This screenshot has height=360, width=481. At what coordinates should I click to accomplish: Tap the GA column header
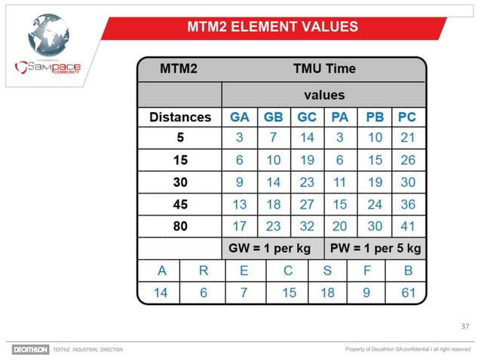240,117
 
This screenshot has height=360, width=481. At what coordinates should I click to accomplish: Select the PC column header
406,117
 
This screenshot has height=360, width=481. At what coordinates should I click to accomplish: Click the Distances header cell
180,117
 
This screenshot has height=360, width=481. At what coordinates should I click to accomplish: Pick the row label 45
180,204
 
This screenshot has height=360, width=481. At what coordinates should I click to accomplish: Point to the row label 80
180,226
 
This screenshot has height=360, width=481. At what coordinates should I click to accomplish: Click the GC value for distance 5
307,138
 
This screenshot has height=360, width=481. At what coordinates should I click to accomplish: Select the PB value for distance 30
374,182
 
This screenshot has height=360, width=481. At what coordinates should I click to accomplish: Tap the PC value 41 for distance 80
407,226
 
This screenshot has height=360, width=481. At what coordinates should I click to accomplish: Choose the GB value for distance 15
273,160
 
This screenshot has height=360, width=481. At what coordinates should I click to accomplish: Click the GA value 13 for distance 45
240,204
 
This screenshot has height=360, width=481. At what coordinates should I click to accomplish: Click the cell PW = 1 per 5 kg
375,248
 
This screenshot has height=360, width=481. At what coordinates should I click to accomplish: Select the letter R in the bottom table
204,270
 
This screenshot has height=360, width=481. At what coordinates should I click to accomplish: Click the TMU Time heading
324,69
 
